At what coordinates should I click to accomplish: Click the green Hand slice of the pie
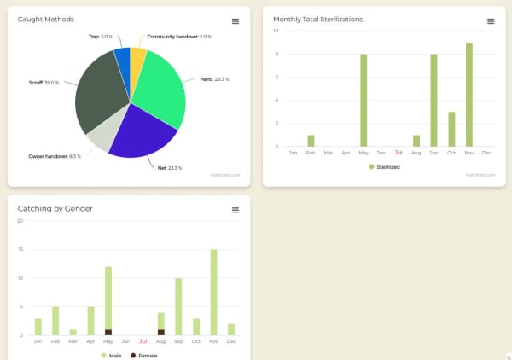click(158, 85)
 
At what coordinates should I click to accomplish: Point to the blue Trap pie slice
click(122, 60)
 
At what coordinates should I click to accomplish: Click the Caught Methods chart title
click(45, 19)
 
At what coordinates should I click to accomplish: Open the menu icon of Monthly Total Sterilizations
click(491, 20)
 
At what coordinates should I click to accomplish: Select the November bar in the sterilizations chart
click(469, 94)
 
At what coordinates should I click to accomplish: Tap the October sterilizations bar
click(451, 129)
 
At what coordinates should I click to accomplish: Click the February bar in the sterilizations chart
click(311, 141)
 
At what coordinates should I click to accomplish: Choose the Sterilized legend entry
click(385, 166)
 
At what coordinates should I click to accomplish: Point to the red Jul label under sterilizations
click(399, 153)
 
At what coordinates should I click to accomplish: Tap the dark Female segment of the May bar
click(108, 332)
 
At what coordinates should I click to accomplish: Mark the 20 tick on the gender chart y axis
click(20, 220)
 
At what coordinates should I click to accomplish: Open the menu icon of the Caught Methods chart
click(236, 20)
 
